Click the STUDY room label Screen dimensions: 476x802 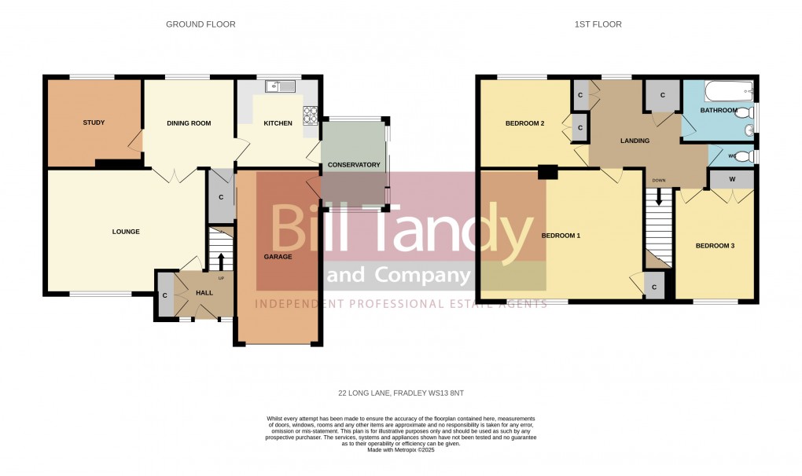pos(94,123)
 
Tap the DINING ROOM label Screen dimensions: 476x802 pos(189,123)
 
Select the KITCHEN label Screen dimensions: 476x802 pos(278,123)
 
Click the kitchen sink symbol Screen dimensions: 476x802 pos(279,86)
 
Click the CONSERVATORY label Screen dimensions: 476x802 pos(354,165)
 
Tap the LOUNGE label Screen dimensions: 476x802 pos(126,232)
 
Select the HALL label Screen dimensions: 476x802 pos(204,293)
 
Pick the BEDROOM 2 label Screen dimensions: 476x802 pos(524,123)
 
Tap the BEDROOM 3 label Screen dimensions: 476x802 pos(715,246)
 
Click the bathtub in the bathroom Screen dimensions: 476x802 pos(728,93)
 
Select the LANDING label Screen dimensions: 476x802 pos(635,141)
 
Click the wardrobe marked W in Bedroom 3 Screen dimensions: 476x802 pos(732,180)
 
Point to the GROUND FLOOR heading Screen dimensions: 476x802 pos(200,24)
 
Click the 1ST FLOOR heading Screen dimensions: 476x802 pos(598,24)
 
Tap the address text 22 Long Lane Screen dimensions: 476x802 pos(401,393)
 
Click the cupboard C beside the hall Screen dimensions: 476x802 pos(165,295)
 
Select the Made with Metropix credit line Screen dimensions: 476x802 pos(401,449)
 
